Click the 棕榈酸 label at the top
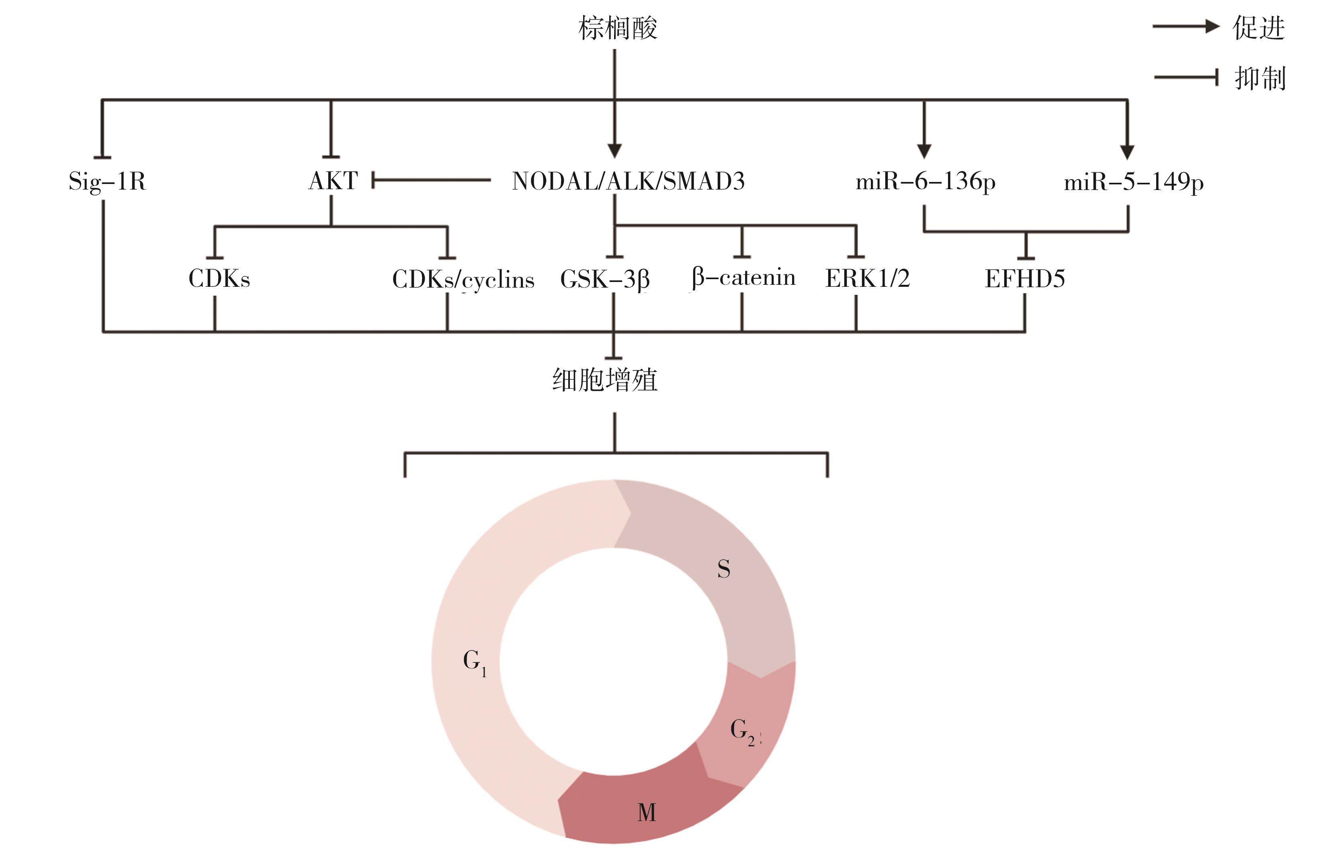(x=617, y=28)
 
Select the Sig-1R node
(x=107, y=181)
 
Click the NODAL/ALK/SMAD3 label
(x=628, y=181)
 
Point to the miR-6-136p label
(x=925, y=182)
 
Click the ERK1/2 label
(x=867, y=278)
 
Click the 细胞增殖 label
(x=604, y=380)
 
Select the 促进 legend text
(x=1258, y=28)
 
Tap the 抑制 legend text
(x=1259, y=78)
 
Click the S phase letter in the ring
(x=723, y=569)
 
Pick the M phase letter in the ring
(x=646, y=812)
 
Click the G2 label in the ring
(x=742, y=731)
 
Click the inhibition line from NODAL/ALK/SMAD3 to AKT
(x=432, y=180)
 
